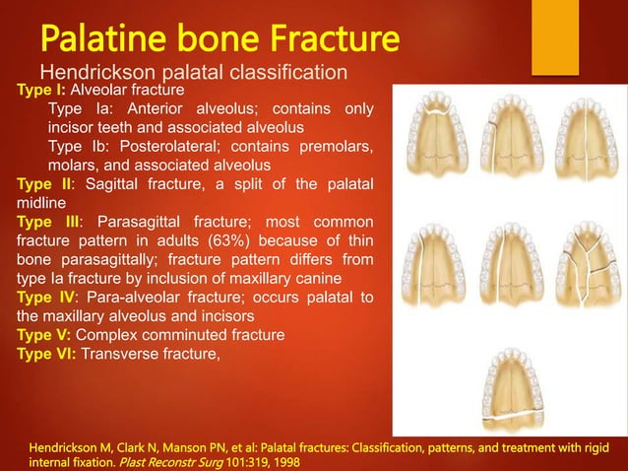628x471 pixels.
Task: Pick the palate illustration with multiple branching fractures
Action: [x=584, y=265]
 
